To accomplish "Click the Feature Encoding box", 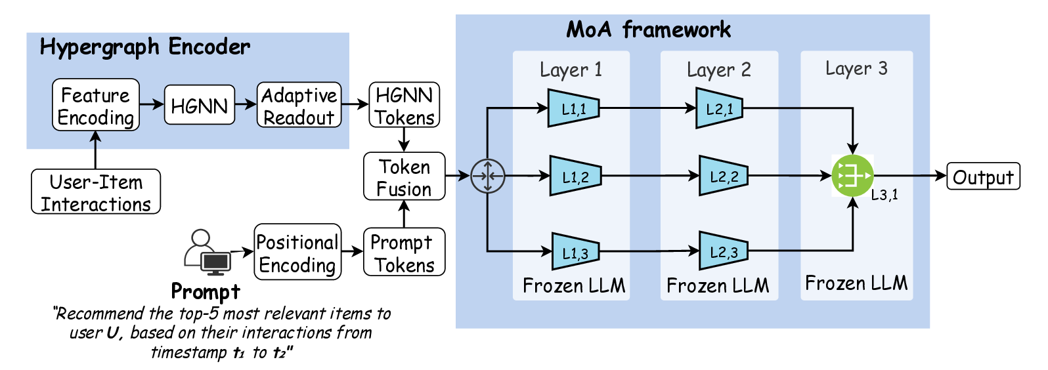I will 96,105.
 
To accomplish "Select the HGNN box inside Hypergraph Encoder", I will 199,105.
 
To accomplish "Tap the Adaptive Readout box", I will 299,105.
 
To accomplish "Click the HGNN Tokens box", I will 404,105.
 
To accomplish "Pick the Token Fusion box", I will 404,176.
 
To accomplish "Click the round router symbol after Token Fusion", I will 487,176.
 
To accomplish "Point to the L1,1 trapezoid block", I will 573,108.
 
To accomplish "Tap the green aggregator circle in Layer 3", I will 852,176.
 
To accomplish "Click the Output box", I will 983,176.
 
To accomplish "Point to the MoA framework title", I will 648,30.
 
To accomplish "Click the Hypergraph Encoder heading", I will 145,47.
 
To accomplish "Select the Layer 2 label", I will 718,70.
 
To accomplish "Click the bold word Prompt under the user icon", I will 206,291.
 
